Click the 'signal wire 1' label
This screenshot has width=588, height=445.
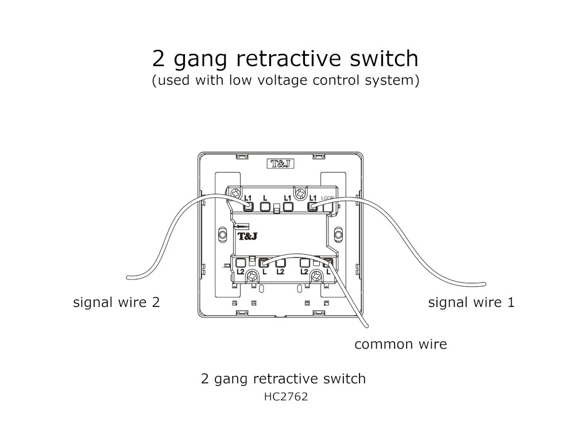coord(471,302)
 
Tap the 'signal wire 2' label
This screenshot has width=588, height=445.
coord(116,302)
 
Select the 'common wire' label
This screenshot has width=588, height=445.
coord(400,344)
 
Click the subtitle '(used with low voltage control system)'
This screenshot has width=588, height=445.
coord(285,80)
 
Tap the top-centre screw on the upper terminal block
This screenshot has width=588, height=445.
coord(299,194)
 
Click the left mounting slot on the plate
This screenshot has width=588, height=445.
coord(222,235)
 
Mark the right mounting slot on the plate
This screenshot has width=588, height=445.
coord(339,235)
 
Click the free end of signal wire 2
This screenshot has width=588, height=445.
coord(128,277)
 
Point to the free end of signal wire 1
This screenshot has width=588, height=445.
coord(485,284)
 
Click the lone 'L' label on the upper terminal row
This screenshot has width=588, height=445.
coord(265,198)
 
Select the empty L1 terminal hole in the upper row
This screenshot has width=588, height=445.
coord(288,208)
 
